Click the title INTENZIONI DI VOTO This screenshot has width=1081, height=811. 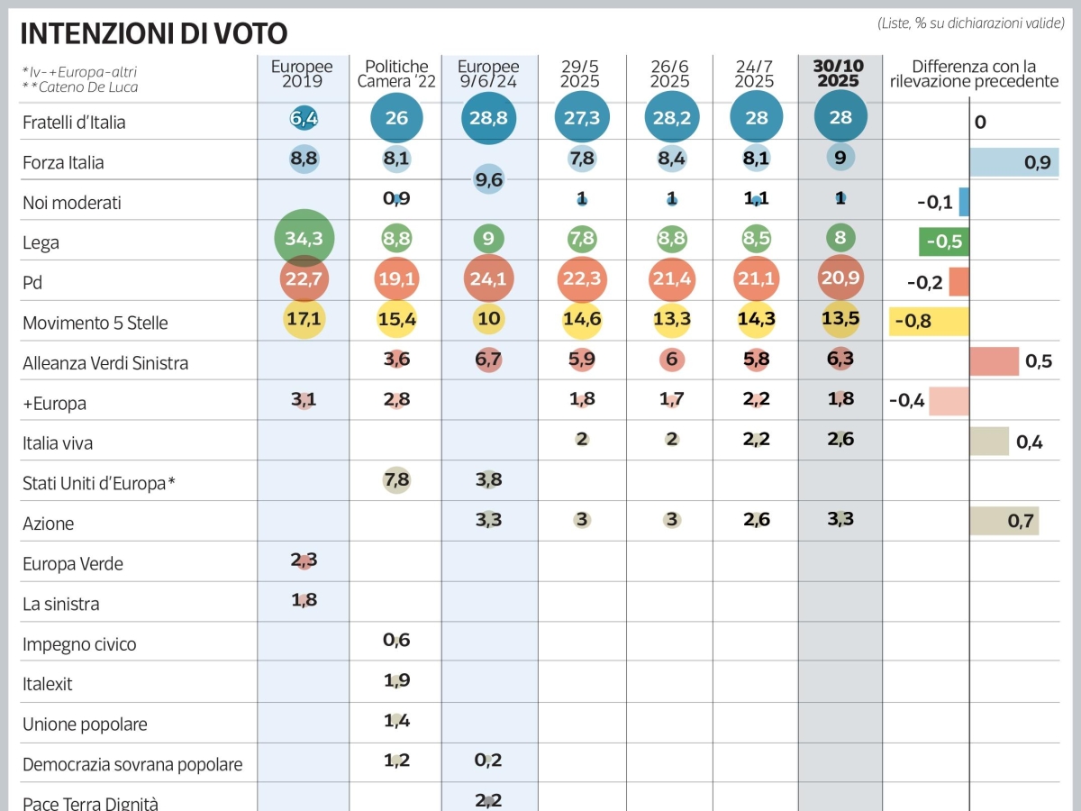pos(154,33)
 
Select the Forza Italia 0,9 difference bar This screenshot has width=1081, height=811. pos(1013,162)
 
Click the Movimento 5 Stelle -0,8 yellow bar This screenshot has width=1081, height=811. pos(929,322)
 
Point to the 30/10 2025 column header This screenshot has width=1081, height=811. pos(840,73)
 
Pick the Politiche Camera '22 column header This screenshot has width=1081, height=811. pos(396,74)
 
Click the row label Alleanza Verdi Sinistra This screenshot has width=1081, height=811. pos(105,363)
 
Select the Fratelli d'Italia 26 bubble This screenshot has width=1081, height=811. pos(396,119)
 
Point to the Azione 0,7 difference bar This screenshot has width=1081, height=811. pos(1004,521)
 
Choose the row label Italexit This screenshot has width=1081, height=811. pos(48,684)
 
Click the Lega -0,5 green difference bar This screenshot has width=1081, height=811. pos(943,241)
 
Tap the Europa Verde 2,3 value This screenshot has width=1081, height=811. pos(304,560)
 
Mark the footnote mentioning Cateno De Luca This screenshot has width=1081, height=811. pos(80,87)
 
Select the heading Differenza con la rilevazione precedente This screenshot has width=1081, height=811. pos(974,74)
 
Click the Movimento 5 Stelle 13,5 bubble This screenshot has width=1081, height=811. pos(840,322)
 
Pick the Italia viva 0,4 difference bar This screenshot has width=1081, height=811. pos(989,441)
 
